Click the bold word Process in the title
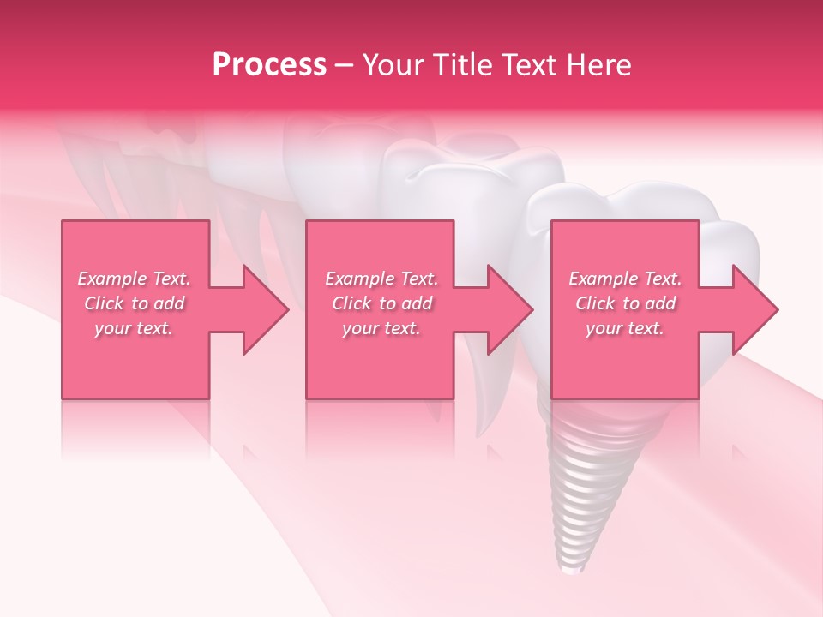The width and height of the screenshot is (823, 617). [x=269, y=65]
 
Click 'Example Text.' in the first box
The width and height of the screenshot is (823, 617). [x=134, y=279]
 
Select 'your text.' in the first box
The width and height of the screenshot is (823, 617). [x=134, y=328]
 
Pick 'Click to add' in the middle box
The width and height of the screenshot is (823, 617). [x=381, y=303]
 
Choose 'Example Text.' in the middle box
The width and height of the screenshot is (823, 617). [x=381, y=279]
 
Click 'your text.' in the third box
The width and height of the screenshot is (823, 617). [x=625, y=328]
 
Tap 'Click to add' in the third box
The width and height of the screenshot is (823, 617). [x=625, y=303]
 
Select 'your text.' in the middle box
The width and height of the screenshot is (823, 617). [x=381, y=328]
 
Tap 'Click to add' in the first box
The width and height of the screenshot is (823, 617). [x=134, y=303]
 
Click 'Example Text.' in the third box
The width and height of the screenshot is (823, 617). [x=625, y=279]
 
